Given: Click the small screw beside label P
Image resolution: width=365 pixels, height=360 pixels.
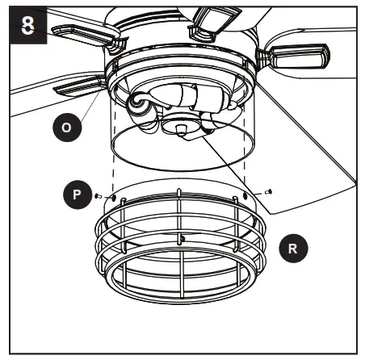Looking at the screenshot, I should pos(98,195).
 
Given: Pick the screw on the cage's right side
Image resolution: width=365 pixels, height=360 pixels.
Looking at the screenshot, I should pos(269,192).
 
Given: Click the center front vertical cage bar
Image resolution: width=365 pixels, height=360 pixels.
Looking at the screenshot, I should pos(179,266).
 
